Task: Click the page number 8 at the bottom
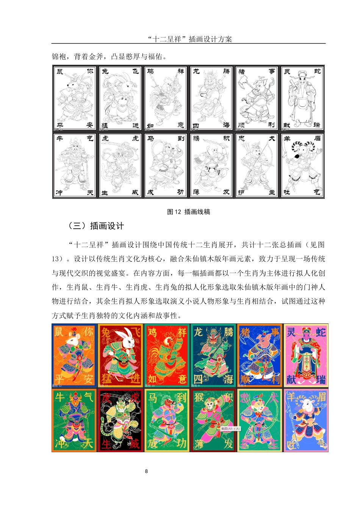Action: tap(146, 471)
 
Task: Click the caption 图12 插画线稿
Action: tap(188, 212)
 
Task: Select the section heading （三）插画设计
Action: tap(96, 226)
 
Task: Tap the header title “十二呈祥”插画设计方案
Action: tap(189, 39)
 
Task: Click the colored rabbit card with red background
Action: tap(120, 355)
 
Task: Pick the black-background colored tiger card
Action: tap(120, 420)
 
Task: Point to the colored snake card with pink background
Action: tap(306, 355)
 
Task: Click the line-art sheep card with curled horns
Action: tap(302, 166)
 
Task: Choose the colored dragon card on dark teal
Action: tap(213, 355)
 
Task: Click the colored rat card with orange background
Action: tap(74, 355)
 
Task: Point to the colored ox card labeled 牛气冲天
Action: tap(74, 420)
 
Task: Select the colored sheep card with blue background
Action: tap(306, 420)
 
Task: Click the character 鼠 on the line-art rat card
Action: tap(60, 71)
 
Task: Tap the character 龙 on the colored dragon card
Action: tap(199, 332)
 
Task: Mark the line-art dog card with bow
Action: tap(257, 166)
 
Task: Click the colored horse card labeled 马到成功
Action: tap(167, 420)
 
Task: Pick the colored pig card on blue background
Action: tap(260, 355)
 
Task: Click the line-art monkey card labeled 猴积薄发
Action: tap(211, 166)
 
